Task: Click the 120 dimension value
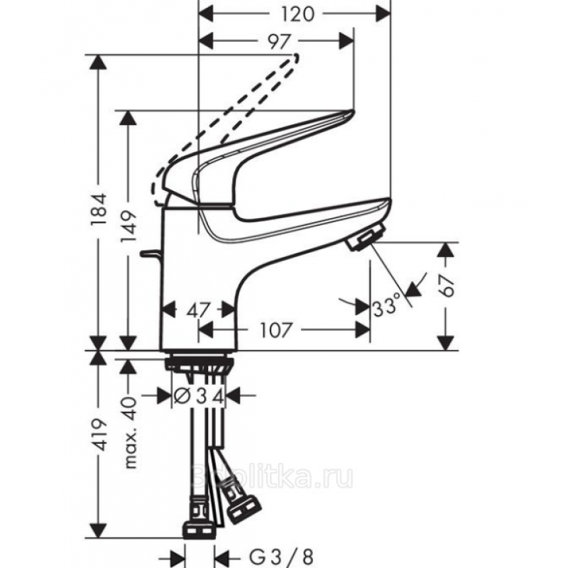(297, 14)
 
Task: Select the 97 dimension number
(279, 42)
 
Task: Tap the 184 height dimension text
(99, 209)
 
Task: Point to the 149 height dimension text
(129, 226)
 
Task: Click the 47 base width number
(198, 310)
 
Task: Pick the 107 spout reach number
(275, 330)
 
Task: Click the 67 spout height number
(447, 286)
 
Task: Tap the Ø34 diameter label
(199, 395)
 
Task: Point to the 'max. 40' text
(130, 432)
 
